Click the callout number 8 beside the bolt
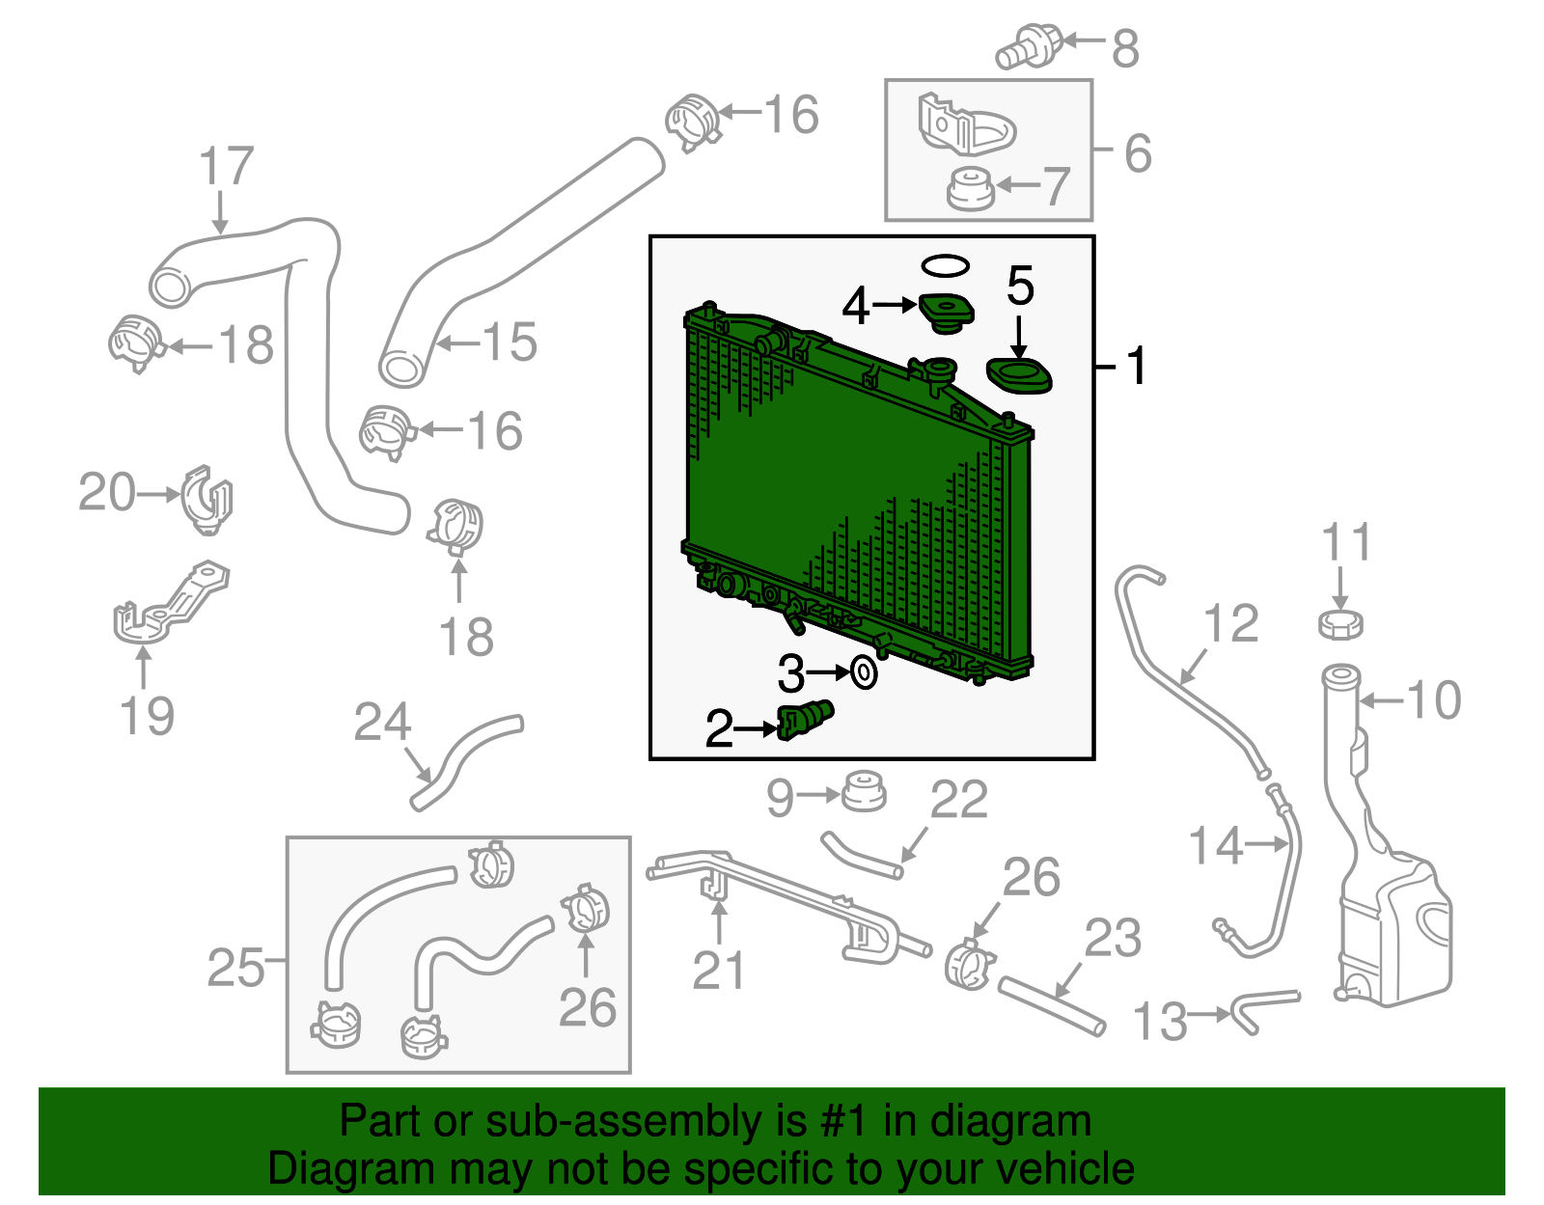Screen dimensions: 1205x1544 pos(1124,47)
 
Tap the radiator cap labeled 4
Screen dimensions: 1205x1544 pos(946,312)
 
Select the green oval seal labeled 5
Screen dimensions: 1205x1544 pos(1019,375)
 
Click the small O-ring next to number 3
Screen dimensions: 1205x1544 pos(864,672)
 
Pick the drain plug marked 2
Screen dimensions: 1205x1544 pos(805,720)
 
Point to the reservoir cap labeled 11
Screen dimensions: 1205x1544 pos(1340,623)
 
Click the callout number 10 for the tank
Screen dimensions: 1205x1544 pos(1434,699)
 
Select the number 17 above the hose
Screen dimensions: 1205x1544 pos(226,167)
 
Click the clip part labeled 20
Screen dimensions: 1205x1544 pos(207,500)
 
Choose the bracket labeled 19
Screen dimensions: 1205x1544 pos(169,603)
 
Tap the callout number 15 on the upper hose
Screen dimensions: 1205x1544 pos(509,342)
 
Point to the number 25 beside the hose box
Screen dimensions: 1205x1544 pos(234,967)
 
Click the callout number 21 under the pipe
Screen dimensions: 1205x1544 pos(719,971)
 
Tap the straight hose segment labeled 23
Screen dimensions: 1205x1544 pos(1052,1005)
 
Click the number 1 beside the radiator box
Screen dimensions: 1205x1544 pos(1137,367)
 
